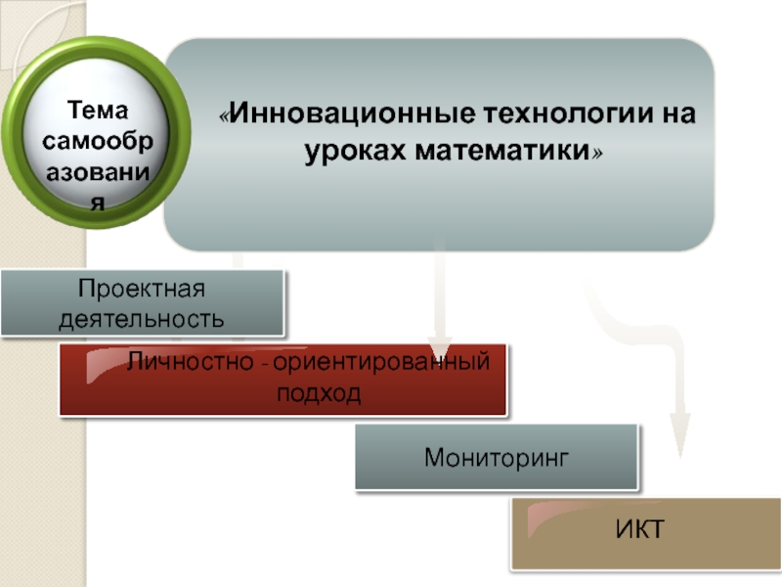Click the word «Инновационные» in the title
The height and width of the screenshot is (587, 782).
click(x=352, y=116)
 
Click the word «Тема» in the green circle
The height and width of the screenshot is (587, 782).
click(x=98, y=110)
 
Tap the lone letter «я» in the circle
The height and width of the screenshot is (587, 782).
click(x=98, y=203)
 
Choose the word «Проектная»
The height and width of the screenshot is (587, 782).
click(x=141, y=290)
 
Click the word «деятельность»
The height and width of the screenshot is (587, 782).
click(x=142, y=319)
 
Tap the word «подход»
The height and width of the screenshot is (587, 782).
click(x=319, y=393)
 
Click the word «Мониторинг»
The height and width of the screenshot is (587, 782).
click(x=497, y=457)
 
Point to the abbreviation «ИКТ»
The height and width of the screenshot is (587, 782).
click(x=640, y=530)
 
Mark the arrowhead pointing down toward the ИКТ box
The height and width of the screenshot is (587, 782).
click(x=678, y=430)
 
